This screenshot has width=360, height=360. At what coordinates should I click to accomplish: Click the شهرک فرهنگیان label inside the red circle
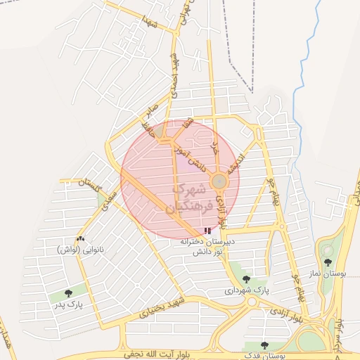tap(188, 199)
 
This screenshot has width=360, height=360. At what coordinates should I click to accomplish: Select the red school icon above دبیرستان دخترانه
tap(207, 230)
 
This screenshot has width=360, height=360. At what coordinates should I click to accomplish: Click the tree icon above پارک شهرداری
tap(245, 278)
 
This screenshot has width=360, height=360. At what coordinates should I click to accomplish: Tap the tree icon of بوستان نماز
tap(328, 262)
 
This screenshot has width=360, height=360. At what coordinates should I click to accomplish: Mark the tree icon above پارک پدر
tap(68, 293)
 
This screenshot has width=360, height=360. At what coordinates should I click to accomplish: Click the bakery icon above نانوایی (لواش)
tap(80, 239)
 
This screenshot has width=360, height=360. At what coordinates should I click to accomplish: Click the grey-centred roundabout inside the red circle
tap(219, 181)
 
